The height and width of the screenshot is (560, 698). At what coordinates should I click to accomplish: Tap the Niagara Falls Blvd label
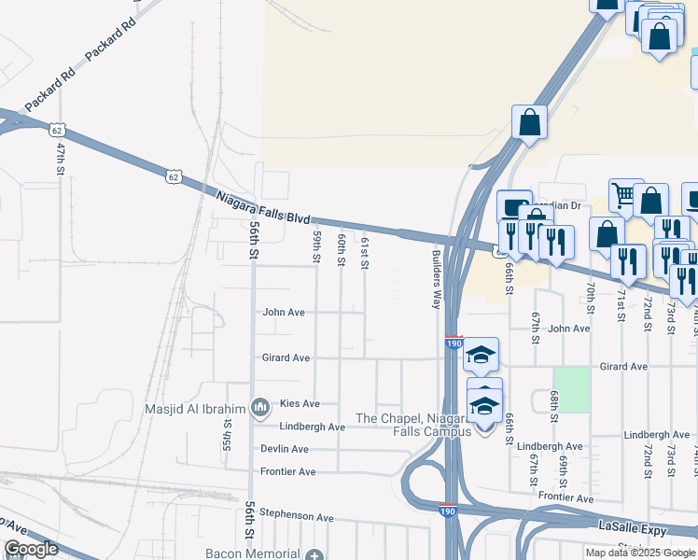click(x=262, y=205)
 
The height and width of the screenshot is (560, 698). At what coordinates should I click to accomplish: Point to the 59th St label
click(x=317, y=248)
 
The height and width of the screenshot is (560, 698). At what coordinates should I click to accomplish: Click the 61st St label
click(x=365, y=253)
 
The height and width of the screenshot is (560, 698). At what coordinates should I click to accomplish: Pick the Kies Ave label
click(x=300, y=403)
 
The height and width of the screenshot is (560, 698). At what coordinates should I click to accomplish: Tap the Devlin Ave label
click(x=285, y=449)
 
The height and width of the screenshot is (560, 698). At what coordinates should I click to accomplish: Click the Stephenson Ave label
click(x=296, y=516)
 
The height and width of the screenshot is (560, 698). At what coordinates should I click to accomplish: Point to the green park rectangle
click(x=572, y=389)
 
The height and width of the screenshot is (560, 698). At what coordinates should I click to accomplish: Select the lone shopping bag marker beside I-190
click(x=529, y=122)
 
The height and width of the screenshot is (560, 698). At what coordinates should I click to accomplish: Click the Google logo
click(x=31, y=549)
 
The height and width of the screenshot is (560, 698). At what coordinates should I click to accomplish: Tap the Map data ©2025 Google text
click(x=640, y=553)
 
